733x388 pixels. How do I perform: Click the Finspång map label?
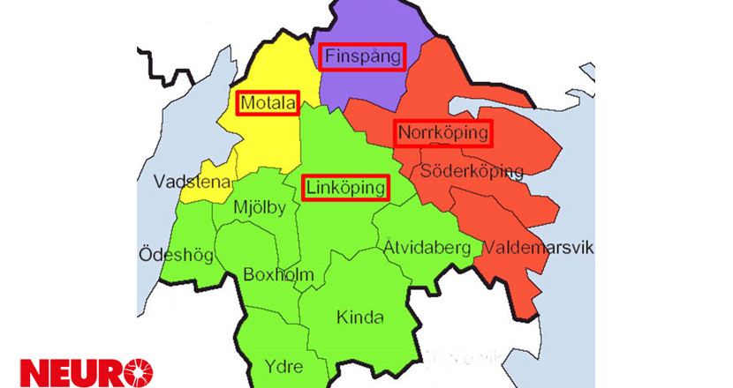click(362, 58)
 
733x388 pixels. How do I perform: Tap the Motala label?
click(267, 103)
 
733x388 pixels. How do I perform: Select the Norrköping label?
click(442, 133)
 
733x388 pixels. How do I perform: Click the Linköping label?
click(346, 188)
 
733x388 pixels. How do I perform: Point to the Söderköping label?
click(472, 170)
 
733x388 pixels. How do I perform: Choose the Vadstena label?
click(192, 183)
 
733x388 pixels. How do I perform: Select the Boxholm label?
click(278, 275)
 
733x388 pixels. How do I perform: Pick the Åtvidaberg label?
click(427, 248)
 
